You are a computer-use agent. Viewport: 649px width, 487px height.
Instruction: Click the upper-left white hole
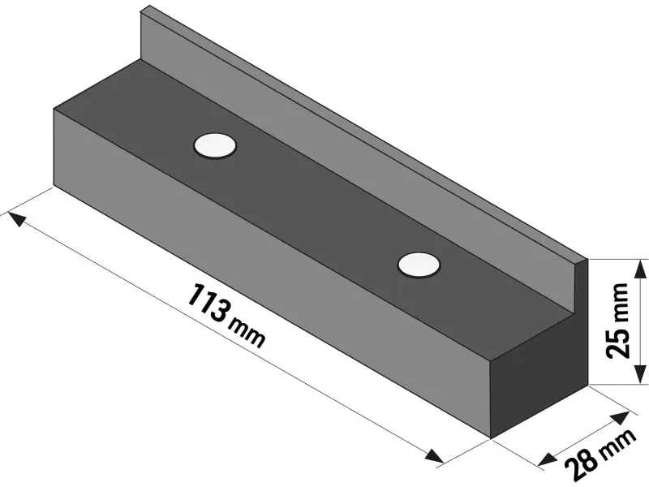coord(215,145)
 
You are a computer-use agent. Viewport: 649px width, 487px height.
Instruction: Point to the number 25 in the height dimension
coord(617,343)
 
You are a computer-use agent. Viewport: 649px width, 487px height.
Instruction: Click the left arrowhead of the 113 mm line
coord(15,217)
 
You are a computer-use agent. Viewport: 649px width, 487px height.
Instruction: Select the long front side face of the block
coord(268,276)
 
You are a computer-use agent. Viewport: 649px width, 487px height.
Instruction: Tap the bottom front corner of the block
coord(491,437)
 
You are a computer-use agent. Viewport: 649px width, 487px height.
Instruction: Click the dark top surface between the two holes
coord(316,203)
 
